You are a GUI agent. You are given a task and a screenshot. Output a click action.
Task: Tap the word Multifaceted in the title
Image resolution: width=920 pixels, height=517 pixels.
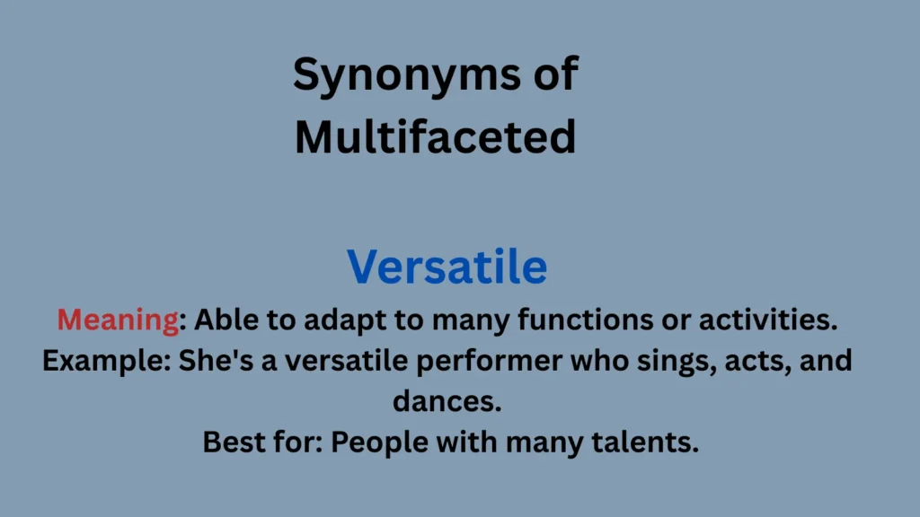click(x=435, y=137)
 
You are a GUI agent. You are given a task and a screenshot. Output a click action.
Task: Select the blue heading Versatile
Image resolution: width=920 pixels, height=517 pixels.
click(x=447, y=267)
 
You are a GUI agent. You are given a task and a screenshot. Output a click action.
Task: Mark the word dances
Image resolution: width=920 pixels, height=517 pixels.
click(x=447, y=402)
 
